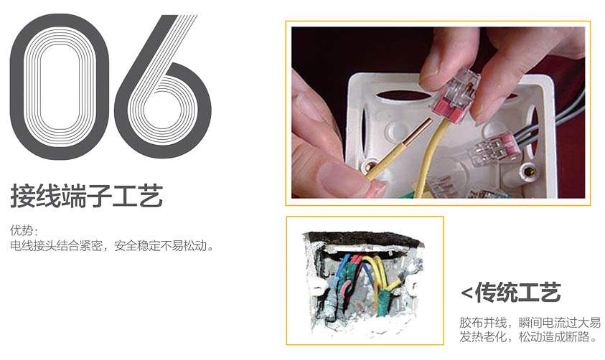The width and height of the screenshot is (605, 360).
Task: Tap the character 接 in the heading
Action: click(x=23, y=196)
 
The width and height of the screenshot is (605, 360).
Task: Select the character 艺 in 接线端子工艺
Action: click(x=151, y=196)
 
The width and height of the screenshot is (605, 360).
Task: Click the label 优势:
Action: click(x=24, y=230)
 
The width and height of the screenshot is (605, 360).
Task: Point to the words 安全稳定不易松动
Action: click(x=164, y=245)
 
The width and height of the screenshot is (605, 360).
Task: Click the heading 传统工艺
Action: click(x=517, y=293)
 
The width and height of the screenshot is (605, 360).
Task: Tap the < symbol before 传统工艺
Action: click(x=466, y=293)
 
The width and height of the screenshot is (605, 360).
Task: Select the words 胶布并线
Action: click(x=483, y=322)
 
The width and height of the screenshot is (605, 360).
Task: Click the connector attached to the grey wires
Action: click(x=492, y=148)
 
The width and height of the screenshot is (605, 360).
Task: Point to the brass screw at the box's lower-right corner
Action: click(x=527, y=170)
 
